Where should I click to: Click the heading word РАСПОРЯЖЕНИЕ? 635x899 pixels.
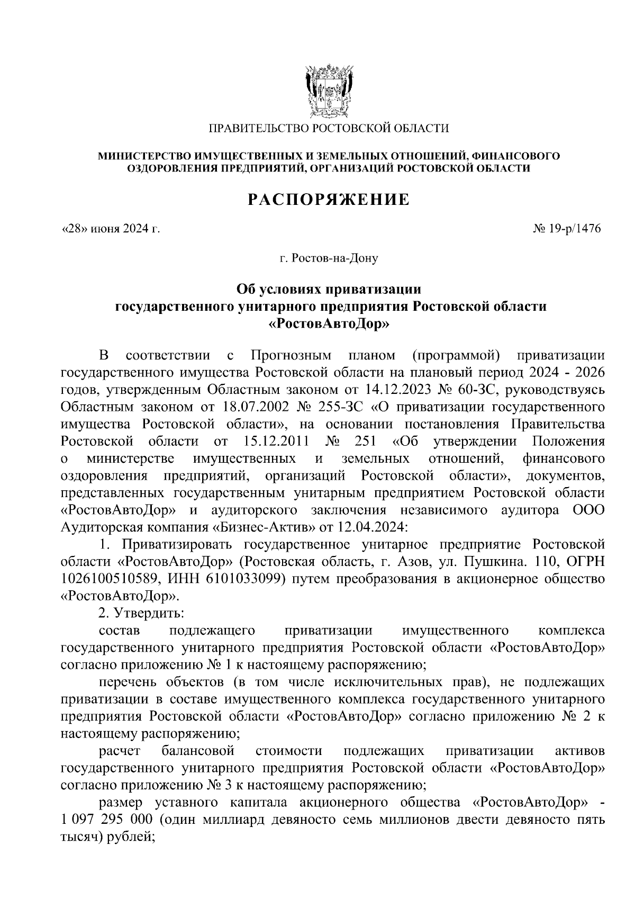tap(329, 200)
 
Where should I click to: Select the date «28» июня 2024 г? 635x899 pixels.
tap(111, 229)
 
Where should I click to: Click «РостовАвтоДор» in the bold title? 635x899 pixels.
tap(329, 323)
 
